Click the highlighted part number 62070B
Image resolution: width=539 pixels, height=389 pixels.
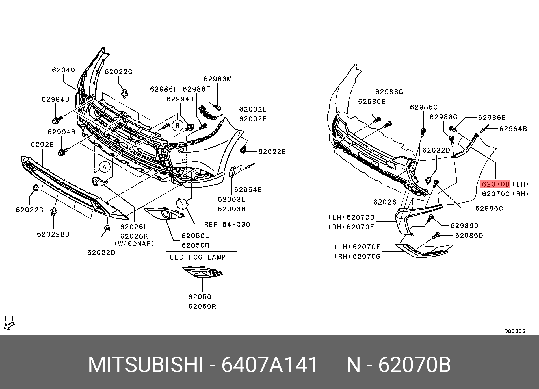click(495, 184)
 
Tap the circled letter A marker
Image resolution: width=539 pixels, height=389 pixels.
click(105, 167)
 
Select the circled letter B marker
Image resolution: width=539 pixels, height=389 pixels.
click(177, 126)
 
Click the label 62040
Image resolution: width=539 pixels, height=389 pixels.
click(64, 70)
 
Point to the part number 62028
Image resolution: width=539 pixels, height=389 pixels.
click(42, 145)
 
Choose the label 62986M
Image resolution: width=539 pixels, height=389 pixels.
click(218, 79)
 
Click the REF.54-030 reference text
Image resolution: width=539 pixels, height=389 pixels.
click(227, 225)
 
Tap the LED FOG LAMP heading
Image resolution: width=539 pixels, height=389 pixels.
click(198, 257)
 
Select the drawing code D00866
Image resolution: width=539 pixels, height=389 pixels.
click(515, 331)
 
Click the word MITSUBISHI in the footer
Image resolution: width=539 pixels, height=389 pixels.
click(146, 365)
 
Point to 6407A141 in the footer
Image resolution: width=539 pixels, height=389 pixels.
click(269, 365)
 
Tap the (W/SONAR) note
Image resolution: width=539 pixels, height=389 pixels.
click(134, 244)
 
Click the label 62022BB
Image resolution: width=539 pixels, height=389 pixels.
click(53, 234)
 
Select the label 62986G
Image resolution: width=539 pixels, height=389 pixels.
click(389, 92)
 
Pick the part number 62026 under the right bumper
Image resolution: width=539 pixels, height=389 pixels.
click(385, 202)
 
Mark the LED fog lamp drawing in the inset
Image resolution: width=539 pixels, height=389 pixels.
click(202, 272)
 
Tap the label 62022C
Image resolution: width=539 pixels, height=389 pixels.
click(118, 72)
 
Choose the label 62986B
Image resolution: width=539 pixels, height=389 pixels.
click(492, 118)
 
